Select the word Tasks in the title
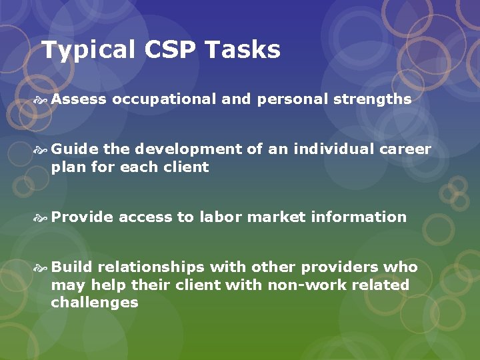tap(243, 49)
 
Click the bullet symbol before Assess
tap(43, 100)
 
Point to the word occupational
tap(164, 100)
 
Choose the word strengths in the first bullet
tap(372, 100)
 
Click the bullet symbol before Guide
tap(43, 150)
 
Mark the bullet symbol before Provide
tap(43, 217)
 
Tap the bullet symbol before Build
tap(43, 268)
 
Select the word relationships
tap(151, 267)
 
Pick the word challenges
tap(95, 303)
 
